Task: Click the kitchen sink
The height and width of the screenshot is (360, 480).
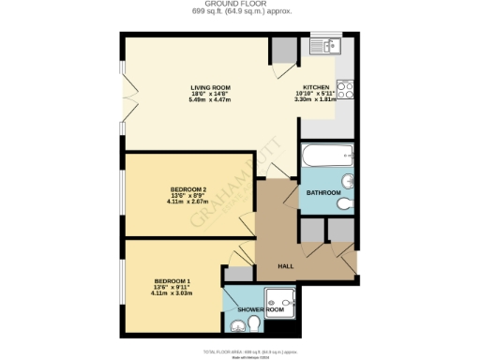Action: [x=329, y=45]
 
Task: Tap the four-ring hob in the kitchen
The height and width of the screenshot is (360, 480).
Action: [x=343, y=91]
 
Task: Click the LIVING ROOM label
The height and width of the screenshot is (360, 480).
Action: [x=211, y=86]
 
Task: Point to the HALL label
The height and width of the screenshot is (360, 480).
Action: [x=287, y=266]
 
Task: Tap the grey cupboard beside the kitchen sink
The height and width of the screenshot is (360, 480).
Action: [x=282, y=52]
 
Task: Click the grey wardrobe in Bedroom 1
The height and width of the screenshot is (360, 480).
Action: [x=239, y=274]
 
